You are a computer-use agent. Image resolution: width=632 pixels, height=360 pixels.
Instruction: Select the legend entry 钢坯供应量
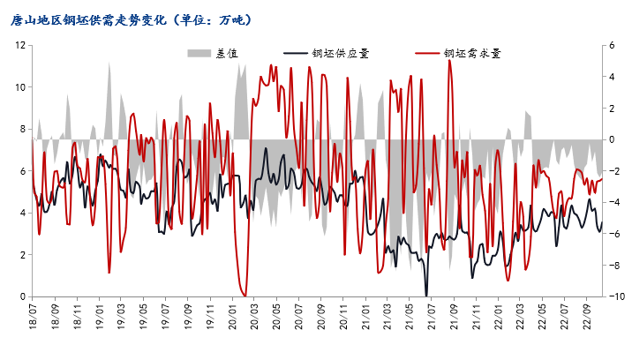(341, 53)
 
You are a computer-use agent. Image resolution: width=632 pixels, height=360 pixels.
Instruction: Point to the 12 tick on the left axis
(19, 45)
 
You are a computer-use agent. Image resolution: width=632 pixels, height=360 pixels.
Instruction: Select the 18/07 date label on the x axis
(34, 316)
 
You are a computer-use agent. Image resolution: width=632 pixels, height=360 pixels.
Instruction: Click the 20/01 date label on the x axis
(233, 316)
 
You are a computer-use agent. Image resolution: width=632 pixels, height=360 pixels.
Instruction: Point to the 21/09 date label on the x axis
(453, 316)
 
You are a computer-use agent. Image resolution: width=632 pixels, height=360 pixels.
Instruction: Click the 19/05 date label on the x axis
(144, 316)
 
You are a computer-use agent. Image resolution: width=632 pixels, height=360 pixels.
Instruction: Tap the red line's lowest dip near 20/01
(245, 296)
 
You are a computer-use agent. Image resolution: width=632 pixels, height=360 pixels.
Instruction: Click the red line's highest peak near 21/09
(449, 60)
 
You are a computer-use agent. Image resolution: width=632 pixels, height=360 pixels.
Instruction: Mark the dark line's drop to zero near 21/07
(426, 296)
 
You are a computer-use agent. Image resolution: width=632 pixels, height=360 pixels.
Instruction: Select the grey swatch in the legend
(200, 53)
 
